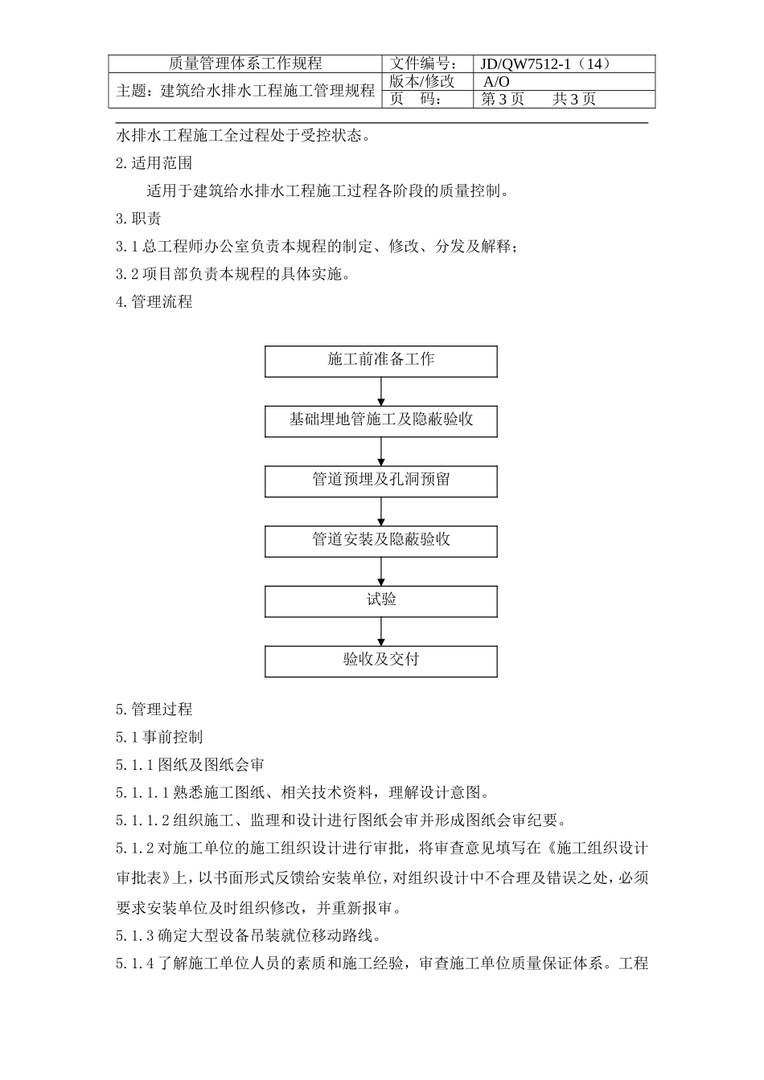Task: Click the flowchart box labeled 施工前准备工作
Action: pyautogui.click(x=380, y=361)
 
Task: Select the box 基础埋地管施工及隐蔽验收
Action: pyautogui.click(x=380, y=421)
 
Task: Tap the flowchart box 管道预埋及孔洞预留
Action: pyautogui.click(x=380, y=481)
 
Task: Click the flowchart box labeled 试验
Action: pyautogui.click(x=380, y=601)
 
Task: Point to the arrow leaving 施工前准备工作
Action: pyautogui.click(x=381, y=391)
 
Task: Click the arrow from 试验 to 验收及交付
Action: pyautogui.click(x=381, y=632)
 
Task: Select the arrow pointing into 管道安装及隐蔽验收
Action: pyautogui.click(x=381, y=512)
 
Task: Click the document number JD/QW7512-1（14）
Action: pyautogui.click(x=546, y=64)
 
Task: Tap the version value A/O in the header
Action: pyautogui.click(x=496, y=82)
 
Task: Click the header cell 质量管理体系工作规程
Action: pyautogui.click(x=245, y=64)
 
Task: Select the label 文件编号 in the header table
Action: pyautogui.click(x=425, y=64)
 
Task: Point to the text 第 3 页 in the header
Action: pyautogui.click(x=503, y=100)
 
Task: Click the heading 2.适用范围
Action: pyautogui.click(x=154, y=163)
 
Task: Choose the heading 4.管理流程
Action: pyautogui.click(x=154, y=302)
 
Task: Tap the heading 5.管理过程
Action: pyautogui.click(x=154, y=710)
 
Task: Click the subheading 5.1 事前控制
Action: pyautogui.click(x=159, y=737)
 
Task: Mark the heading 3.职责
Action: pyautogui.click(x=138, y=219)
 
